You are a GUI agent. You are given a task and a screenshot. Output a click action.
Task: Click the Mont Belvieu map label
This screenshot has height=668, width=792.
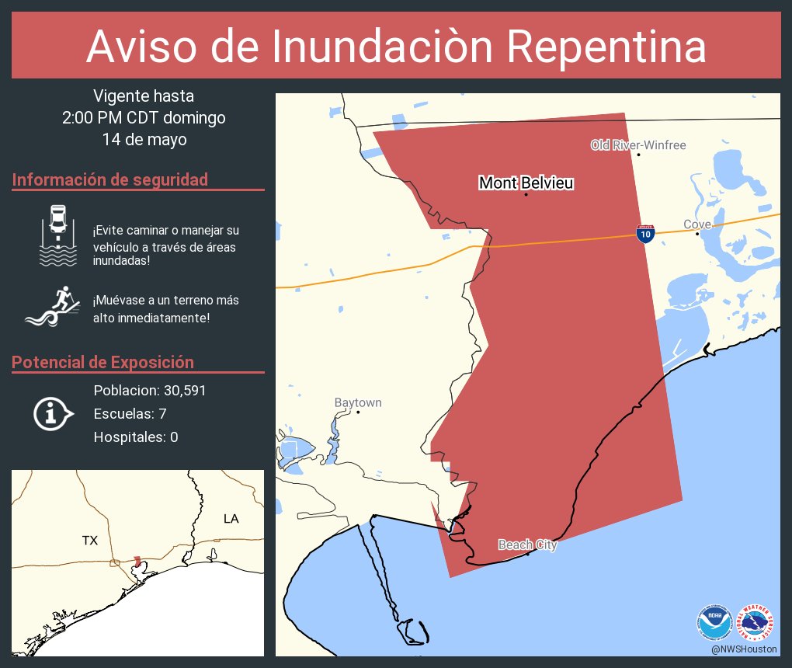[x=526, y=183]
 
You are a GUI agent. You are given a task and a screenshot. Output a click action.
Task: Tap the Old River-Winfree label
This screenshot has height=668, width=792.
[x=638, y=145]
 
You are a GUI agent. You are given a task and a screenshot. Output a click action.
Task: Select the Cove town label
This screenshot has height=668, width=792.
[x=696, y=224]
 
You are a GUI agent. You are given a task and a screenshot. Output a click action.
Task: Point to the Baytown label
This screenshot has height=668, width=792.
[x=358, y=402]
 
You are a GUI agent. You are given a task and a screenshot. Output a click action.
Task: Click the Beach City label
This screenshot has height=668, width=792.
[x=527, y=545]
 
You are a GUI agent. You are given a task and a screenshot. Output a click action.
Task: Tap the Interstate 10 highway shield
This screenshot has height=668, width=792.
[x=644, y=233]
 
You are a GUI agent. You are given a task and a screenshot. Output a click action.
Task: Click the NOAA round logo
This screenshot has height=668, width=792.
[x=714, y=623]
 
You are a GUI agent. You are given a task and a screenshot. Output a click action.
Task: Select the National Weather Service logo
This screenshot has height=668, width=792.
[x=756, y=623]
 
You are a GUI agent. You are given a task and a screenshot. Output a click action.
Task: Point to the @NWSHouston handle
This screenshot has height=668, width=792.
[x=743, y=649]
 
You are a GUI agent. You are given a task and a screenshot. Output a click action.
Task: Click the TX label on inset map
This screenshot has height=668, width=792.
[x=90, y=540]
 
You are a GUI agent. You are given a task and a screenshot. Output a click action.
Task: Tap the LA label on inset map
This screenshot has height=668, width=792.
[x=231, y=518]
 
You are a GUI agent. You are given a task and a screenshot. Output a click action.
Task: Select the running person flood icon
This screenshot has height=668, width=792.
[x=53, y=308]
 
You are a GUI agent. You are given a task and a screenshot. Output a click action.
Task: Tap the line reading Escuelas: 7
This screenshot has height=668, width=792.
[x=130, y=414]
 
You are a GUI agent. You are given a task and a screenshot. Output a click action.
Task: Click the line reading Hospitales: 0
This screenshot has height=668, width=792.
[x=136, y=437]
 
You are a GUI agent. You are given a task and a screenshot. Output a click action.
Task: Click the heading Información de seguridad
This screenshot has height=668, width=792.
[x=110, y=179]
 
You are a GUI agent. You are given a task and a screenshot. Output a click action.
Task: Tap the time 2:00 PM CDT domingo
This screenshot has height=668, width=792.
[x=144, y=118]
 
